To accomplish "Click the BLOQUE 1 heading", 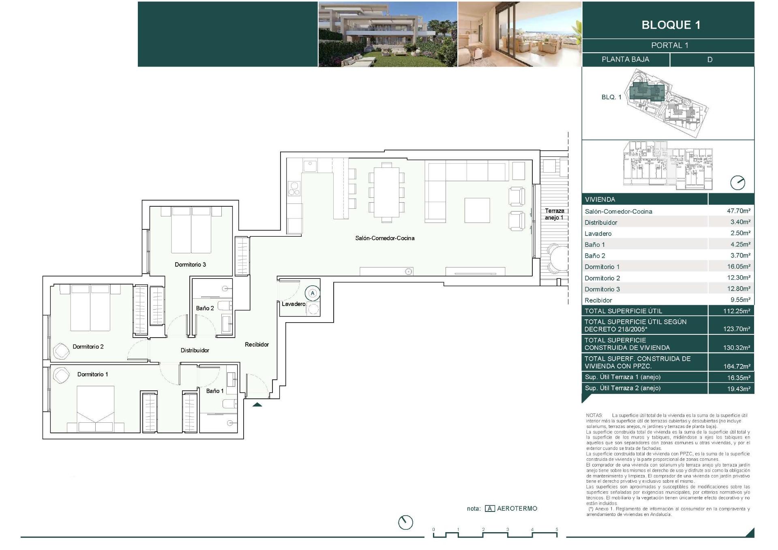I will [671, 25].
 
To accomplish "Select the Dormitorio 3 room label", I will [190, 265].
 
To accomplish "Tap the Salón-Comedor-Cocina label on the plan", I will [385, 238].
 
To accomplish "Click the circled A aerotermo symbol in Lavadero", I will [312, 293].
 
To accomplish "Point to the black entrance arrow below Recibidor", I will [257, 404].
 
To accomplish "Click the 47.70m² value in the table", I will [738, 211].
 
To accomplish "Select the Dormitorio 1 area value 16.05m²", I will [738, 266].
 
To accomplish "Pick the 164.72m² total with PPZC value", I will [737, 366].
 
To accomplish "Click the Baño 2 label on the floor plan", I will [205, 308].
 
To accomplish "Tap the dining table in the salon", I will [386, 193].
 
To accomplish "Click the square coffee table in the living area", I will [477, 210].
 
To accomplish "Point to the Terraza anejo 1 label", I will [554, 214].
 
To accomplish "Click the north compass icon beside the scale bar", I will [405, 522].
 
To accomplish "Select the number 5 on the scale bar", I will [557, 529].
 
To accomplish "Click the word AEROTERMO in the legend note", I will [517, 509].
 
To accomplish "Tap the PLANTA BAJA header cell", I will [625, 59].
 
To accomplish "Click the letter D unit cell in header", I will [709, 60].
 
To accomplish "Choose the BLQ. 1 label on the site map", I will [611, 97].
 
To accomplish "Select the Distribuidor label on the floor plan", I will [195, 350].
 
